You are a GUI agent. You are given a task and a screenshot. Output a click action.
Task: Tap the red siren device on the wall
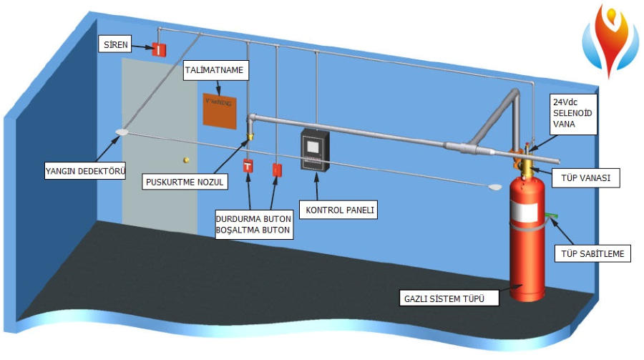tap(158, 48)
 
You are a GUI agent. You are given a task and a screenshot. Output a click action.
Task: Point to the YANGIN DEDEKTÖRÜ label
tap(85, 172)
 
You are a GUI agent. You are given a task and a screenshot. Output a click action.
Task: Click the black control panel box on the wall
tap(314, 150)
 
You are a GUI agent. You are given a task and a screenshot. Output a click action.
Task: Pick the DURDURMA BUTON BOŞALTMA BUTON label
tap(254, 224)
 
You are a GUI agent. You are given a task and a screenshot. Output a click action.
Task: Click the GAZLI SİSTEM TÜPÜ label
tap(441, 298)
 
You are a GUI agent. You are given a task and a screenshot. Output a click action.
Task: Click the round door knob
tap(186, 160)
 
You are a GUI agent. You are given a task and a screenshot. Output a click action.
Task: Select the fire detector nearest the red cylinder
tap(494, 188)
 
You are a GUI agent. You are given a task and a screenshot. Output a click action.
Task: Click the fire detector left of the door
tap(122, 132)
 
